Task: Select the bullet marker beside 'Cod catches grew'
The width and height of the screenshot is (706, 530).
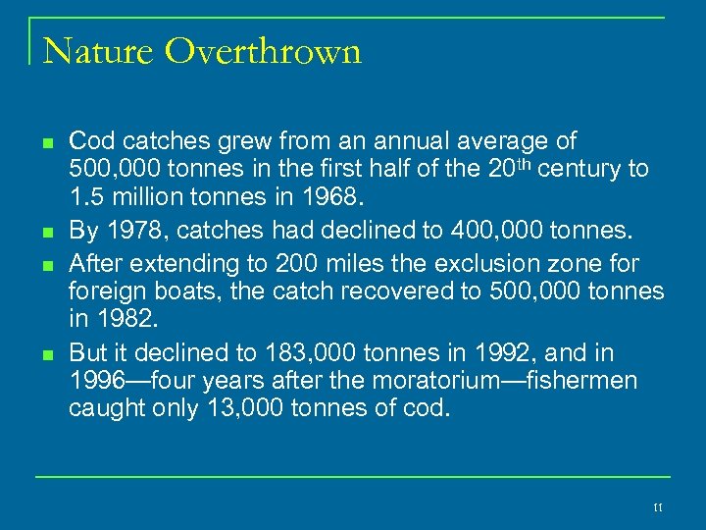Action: coord(47,142)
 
